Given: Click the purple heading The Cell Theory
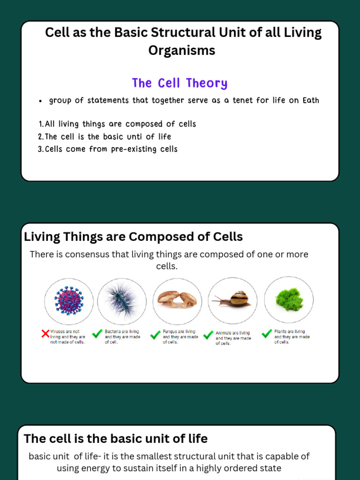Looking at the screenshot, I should [x=180, y=83].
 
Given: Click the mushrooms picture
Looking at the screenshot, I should [x=177, y=299].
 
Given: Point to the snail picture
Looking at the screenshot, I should [x=233, y=299].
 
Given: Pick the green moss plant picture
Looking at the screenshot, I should [x=288, y=299].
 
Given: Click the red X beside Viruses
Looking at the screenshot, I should [x=45, y=334].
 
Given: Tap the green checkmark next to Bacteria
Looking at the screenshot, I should [x=97, y=334].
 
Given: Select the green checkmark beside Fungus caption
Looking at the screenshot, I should [x=155, y=335].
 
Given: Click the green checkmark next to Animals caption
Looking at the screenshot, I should [x=209, y=335].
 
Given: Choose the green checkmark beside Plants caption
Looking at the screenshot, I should [x=267, y=334].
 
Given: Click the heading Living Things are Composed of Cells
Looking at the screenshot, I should [x=133, y=237].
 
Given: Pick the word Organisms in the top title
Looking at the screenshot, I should [x=182, y=50].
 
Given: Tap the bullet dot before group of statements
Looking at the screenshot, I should [x=41, y=101].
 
